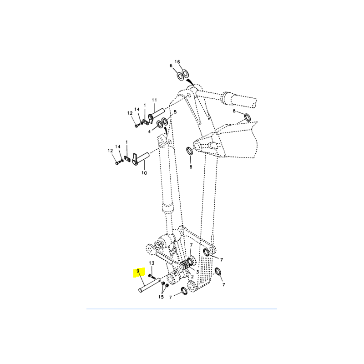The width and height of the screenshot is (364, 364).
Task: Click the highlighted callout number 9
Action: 138,271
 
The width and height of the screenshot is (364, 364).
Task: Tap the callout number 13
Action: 152,263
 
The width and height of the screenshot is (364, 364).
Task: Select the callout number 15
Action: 161,297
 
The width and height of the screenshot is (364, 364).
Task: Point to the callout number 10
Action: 144,173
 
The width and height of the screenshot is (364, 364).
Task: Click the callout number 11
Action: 154,100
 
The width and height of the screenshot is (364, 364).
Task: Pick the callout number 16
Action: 177,62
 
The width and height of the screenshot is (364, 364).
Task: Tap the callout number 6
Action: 171,66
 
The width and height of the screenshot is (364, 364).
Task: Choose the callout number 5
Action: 175,112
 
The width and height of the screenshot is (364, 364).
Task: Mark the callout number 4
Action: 150,131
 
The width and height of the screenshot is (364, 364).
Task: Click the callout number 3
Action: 197,272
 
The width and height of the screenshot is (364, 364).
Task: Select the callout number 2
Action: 192,277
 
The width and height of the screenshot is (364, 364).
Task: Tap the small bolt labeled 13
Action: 152,276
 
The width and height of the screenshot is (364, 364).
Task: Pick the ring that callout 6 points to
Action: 181,76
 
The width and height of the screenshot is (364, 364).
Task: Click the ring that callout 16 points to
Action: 185,74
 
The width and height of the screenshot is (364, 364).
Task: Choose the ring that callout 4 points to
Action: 160,124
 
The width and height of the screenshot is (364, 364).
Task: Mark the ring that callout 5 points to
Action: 165,121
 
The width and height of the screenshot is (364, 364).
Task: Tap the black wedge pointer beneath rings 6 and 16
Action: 190,82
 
